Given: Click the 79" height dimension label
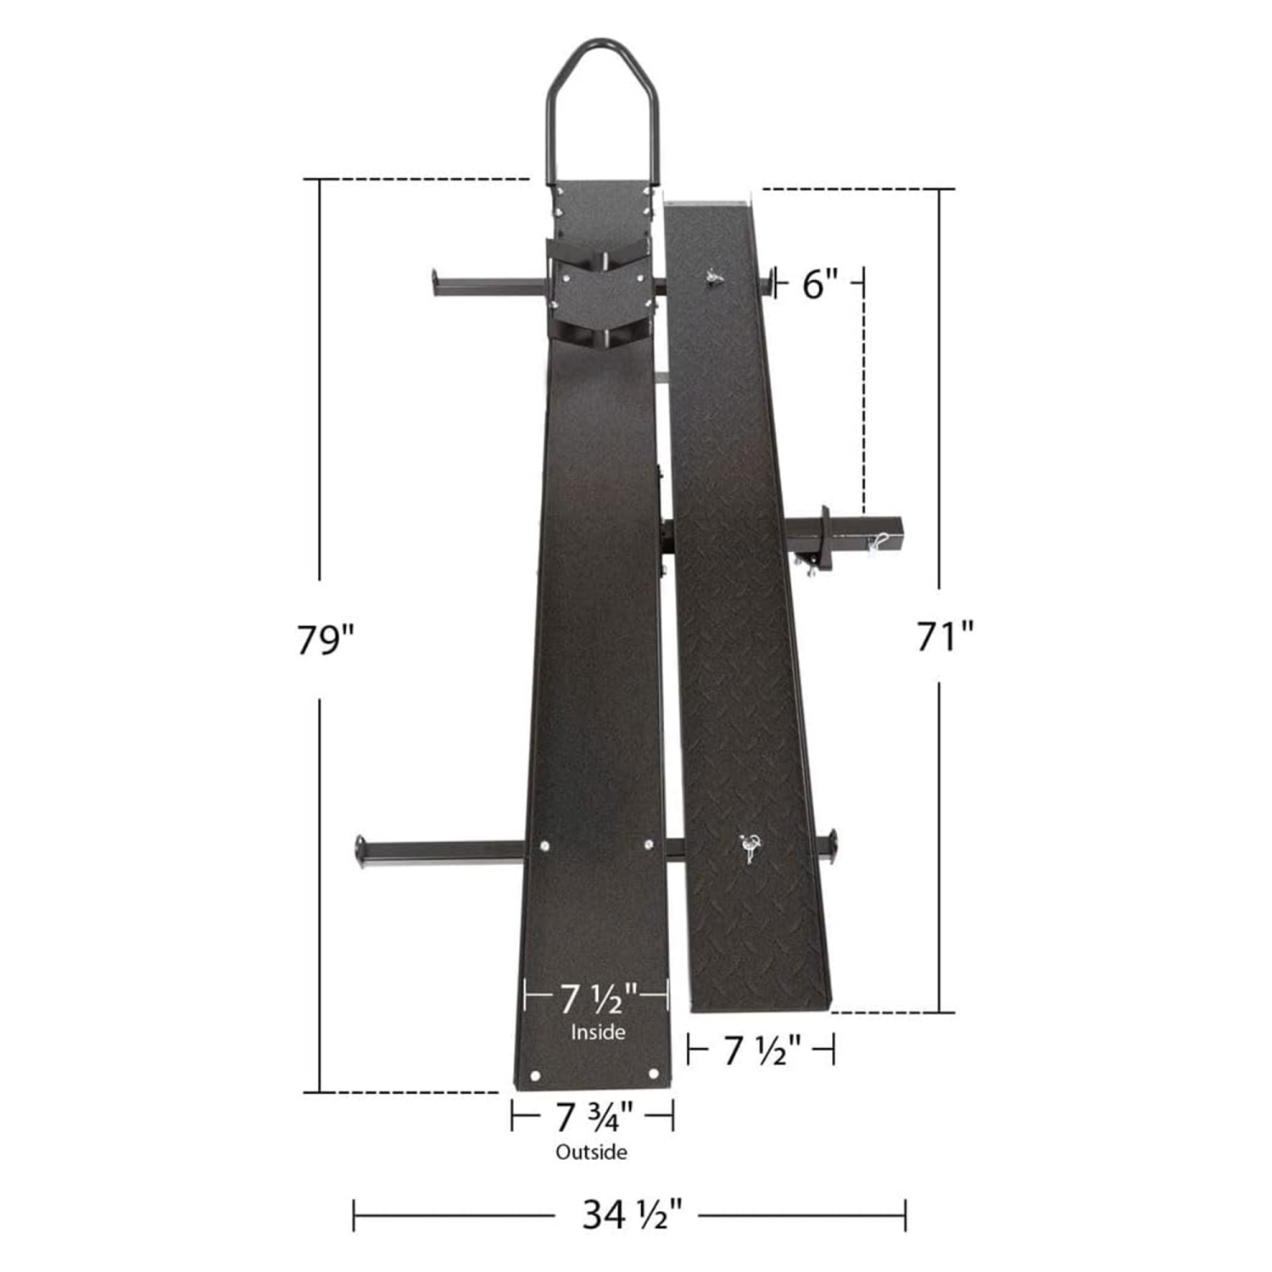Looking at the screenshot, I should coord(324,639).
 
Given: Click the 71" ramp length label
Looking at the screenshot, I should coord(945,636).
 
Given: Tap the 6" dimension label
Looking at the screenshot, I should coord(819,284).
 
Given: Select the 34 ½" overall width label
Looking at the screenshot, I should coord(632,1214).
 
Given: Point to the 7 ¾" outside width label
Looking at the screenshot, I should coord(594,1117).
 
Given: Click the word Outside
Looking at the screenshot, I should coord(591,1152).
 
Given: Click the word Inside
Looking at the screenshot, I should coord(598,1032).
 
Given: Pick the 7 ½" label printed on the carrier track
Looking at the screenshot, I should coord(597,999).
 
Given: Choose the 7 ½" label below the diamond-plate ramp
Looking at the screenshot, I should coord(762,1052).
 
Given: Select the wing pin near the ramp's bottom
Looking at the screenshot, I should coord(750,846).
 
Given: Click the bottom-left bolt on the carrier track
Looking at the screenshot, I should coord(535,1075).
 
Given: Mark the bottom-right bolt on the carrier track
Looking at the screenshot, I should coord(653,1074).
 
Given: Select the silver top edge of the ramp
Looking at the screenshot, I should coord(709,202).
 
